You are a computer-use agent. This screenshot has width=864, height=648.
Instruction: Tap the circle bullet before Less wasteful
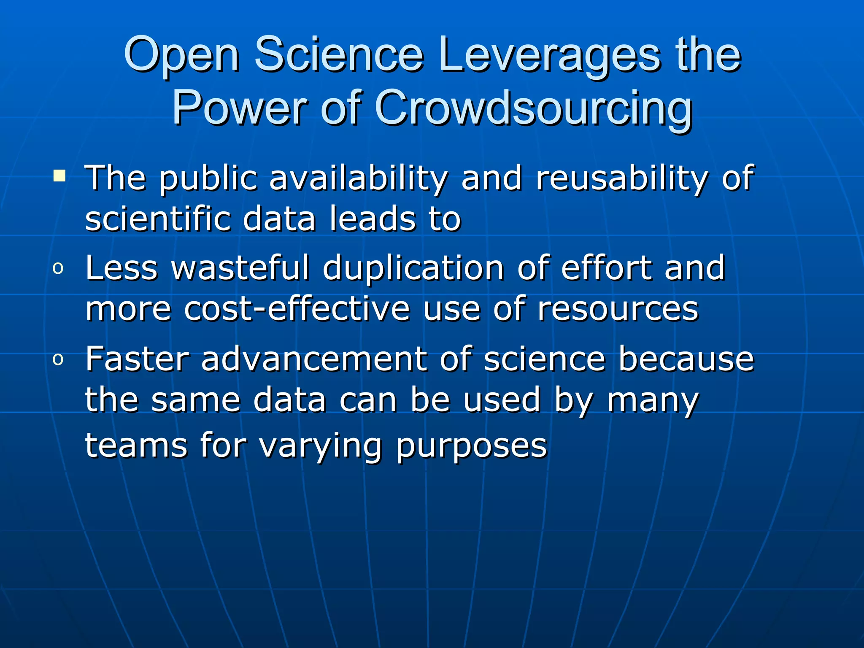58,268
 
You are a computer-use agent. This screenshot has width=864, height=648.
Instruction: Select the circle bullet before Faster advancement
58,359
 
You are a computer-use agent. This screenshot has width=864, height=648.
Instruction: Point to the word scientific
158,219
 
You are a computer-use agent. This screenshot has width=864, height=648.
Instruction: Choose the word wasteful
240,267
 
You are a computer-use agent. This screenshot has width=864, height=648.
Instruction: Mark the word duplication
413,268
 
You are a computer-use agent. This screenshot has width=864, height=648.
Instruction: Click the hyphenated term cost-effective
297,309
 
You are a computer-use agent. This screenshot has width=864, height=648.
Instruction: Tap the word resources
618,310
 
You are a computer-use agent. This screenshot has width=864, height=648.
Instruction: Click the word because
686,359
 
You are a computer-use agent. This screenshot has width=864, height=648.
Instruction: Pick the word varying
321,446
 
